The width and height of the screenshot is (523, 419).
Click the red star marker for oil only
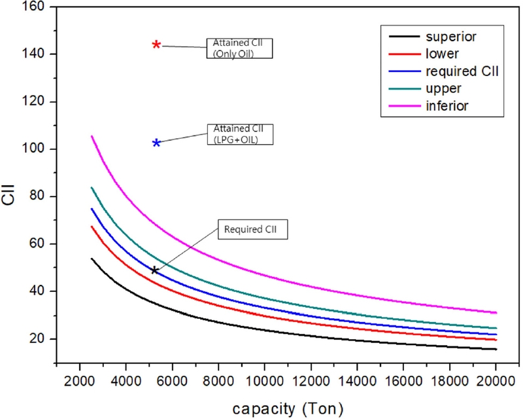pos(157,45)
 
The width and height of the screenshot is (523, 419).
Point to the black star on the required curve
pos(154,270)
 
